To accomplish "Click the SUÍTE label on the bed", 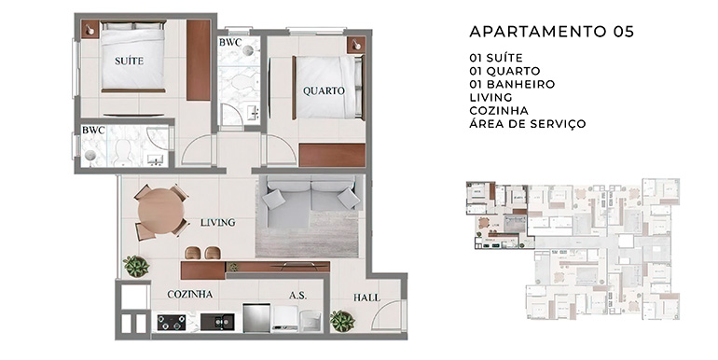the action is coord(129,61).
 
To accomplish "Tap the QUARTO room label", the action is coord(324,90).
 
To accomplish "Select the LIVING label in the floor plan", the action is coord(218,223).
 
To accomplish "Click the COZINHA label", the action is coord(190,294).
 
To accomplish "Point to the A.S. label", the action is coord(297,296).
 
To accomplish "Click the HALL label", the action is coord(366,298).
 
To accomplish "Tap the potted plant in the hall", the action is coord(342,321).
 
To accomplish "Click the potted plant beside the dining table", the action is coord(136,266).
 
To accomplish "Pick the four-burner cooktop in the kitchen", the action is coord(172,323).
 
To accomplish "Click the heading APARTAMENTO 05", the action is coord(552,32).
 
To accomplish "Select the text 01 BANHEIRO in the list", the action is coord(512,84).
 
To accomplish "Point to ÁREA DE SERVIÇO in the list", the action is coord(528,124).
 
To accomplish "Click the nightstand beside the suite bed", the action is coord(90,30).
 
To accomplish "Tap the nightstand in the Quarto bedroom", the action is coord(356,46).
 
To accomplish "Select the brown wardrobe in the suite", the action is coord(199,61).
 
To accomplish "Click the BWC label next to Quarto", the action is coord(230,43).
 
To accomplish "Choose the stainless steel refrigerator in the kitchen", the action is coord(256,318).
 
